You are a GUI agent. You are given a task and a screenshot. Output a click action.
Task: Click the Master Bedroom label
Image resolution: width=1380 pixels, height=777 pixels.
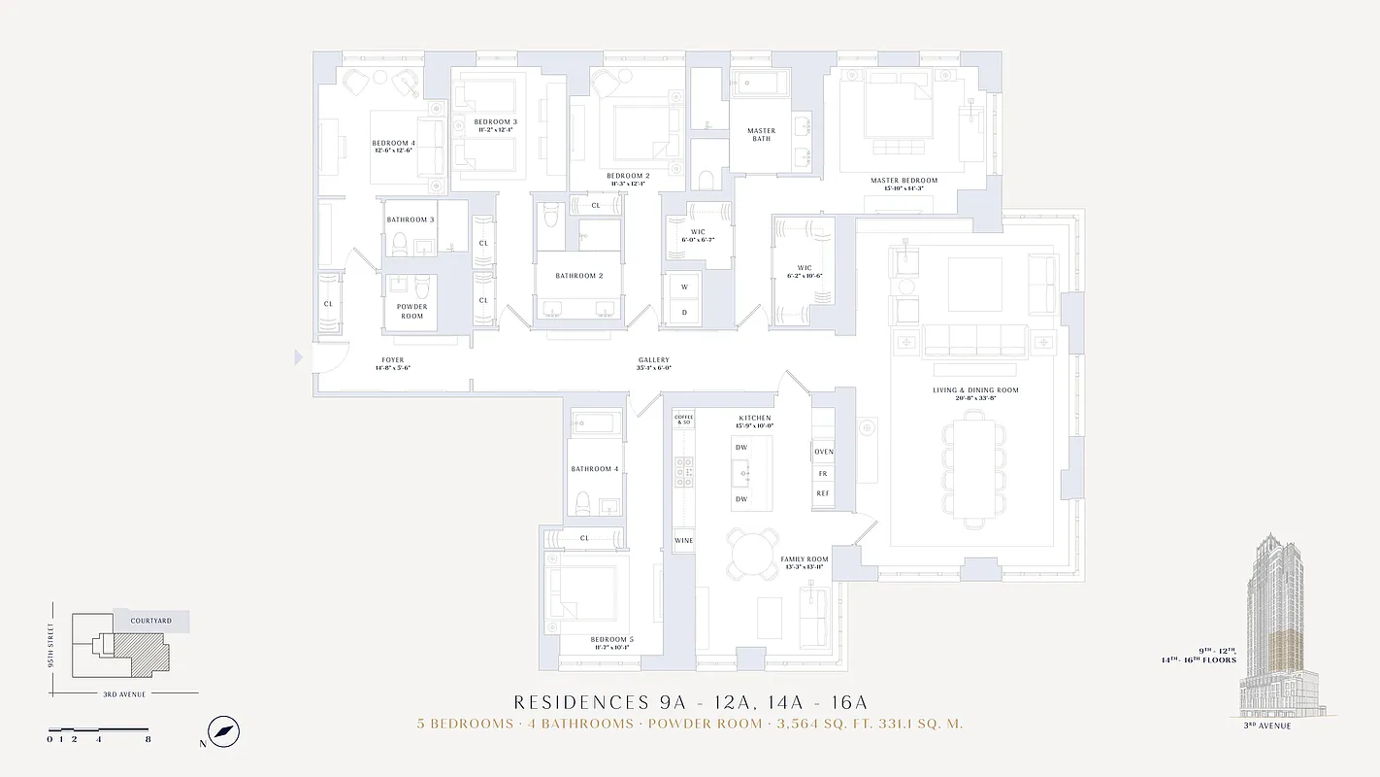pos(904,181)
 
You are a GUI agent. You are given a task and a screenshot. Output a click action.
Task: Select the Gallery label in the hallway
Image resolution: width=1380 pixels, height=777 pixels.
pos(653,360)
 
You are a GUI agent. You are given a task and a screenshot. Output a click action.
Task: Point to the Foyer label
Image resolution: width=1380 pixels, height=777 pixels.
pos(392,360)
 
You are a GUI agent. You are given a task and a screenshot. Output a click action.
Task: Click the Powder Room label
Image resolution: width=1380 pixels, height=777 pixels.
pos(411,311)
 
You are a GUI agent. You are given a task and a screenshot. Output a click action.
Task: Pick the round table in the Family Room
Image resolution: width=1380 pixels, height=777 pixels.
pos(752,557)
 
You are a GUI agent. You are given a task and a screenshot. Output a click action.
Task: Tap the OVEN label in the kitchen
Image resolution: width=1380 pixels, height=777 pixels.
pos(823,452)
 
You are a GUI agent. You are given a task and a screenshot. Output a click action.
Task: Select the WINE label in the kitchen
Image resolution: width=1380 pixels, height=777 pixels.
pos(683,540)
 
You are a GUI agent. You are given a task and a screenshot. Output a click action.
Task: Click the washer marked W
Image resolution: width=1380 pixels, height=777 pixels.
pos(683,287)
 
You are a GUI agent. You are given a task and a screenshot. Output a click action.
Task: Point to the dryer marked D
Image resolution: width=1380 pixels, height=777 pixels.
pos(683,312)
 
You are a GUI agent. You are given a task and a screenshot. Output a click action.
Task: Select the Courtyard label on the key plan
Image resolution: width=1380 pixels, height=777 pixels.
pos(151,621)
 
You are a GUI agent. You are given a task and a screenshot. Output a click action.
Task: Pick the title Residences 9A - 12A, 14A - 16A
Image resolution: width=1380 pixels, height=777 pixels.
pos(690,702)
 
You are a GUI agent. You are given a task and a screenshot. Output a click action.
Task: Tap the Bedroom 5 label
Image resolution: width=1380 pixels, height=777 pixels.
pos(611,640)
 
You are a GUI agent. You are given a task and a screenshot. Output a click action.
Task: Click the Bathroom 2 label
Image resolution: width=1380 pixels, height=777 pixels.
pos(579,276)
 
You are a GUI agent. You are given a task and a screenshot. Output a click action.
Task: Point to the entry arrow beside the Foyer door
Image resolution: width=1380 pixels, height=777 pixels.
pos(299,358)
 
